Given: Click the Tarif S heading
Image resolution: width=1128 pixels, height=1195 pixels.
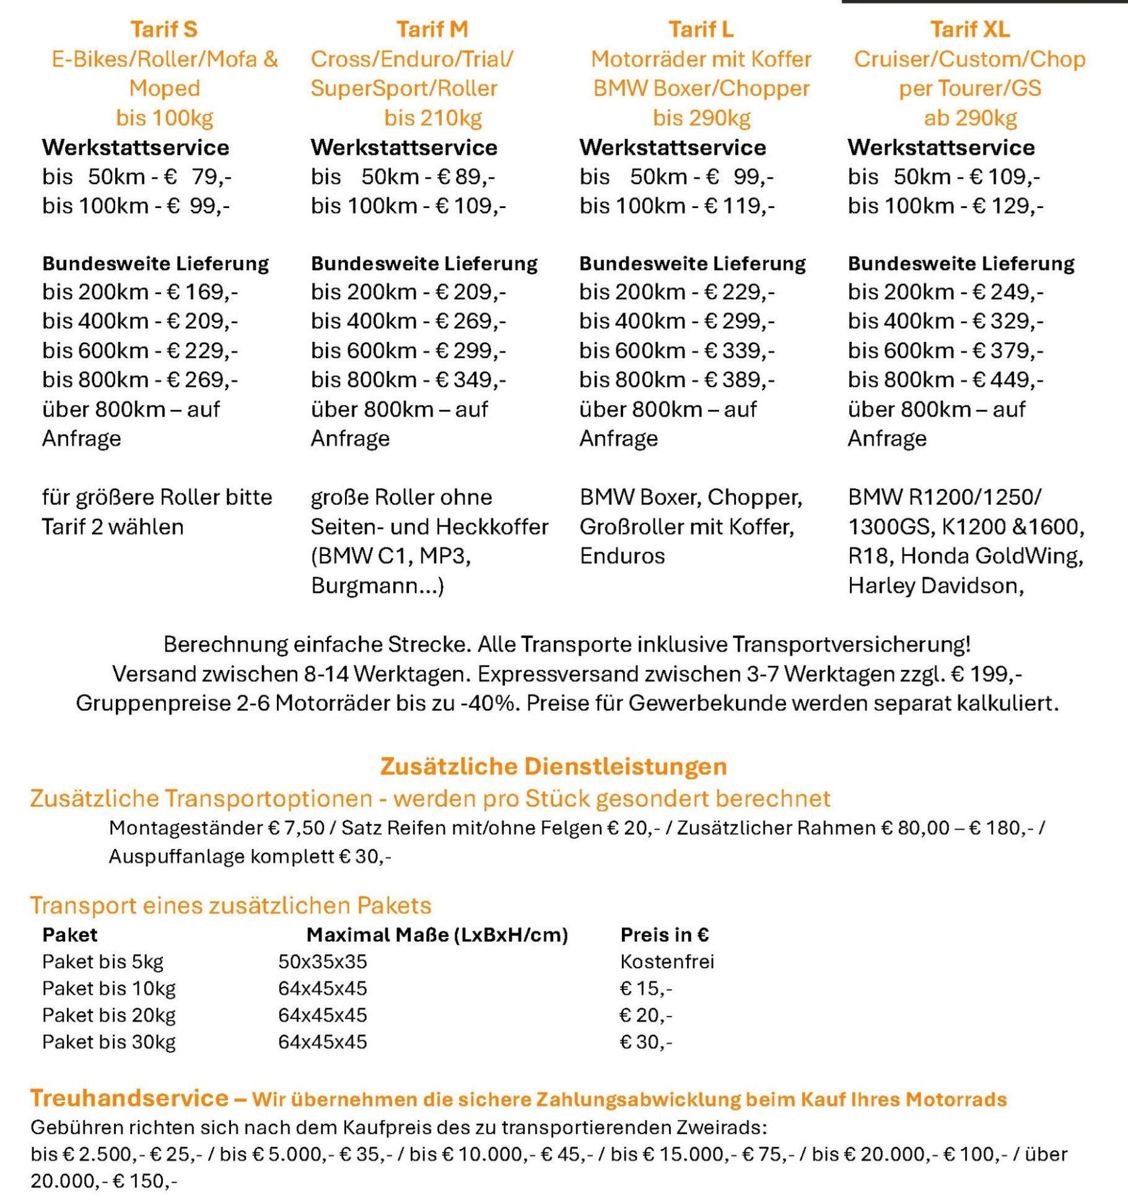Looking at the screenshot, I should point(164,29).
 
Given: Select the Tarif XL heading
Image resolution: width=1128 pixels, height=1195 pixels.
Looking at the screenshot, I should point(969,29).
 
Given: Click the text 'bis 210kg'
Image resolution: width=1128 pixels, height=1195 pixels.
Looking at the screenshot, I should point(432,118).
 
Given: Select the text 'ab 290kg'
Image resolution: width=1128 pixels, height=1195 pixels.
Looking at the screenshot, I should point(970,118).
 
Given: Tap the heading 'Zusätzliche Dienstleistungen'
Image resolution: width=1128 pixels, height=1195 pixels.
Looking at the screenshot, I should point(553,767).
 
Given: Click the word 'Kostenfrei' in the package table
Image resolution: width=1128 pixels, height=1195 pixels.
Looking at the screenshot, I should point(667,962).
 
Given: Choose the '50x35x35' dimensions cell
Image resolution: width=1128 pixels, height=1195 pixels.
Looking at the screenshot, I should point(322,962).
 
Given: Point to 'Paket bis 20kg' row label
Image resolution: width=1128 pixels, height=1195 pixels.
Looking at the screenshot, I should point(109,1015).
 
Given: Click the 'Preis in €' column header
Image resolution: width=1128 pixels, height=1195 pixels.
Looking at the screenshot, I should point(665,935).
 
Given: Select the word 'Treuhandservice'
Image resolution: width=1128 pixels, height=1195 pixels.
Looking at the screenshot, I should point(129,1098).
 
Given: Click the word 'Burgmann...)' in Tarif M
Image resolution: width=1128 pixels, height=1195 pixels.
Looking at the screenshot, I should point(377,586).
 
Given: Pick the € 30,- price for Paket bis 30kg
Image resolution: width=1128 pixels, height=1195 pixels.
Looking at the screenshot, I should point(646,1042).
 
